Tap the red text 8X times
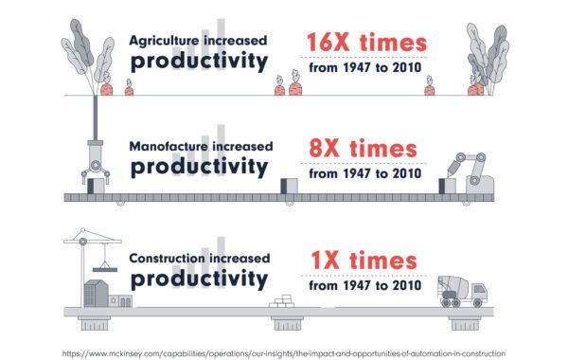click(363, 150)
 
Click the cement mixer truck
click(462, 288)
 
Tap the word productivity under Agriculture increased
click(198, 63)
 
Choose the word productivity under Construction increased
click(198, 279)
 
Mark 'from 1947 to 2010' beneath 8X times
click(363, 173)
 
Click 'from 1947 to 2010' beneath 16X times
click(363, 67)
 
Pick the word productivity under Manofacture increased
click(198, 169)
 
